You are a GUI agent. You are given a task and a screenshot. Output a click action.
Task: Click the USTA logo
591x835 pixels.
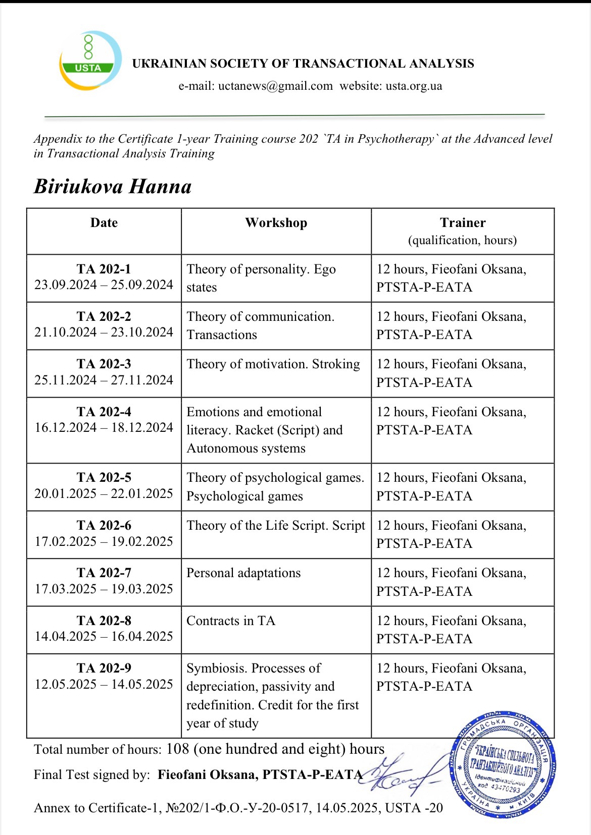pyautogui.click(x=90, y=60)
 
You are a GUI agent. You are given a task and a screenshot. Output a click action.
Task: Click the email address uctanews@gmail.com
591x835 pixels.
pyautogui.click(x=256, y=86)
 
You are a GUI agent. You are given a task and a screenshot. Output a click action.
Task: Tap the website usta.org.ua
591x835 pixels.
pyautogui.click(x=414, y=86)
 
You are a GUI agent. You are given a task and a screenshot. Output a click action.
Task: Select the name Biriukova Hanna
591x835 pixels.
pyautogui.click(x=113, y=187)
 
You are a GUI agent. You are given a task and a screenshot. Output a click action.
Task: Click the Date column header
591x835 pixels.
pyautogui.click(x=104, y=223)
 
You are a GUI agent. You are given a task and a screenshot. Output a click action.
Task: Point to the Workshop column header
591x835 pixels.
pyautogui.click(x=276, y=223)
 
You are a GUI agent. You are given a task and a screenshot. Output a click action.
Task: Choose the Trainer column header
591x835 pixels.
pyautogui.click(x=463, y=223)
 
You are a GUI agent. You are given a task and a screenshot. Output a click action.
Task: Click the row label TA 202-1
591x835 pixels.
pyautogui.click(x=104, y=269)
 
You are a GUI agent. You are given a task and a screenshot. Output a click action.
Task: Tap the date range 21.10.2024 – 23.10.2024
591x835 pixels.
pyautogui.click(x=104, y=332)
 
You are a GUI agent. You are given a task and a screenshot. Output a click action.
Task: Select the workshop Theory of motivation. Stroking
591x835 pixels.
pyautogui.click(x=273, y=364)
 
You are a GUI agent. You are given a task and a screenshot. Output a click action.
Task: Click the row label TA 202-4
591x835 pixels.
pyautogui.click(x=104, y=412)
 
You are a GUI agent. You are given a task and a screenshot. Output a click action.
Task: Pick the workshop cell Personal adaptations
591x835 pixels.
pyautogui.click(x=243, y=573)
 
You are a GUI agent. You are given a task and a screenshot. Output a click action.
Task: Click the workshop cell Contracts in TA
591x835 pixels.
pyautogui.click(x=231, y=621)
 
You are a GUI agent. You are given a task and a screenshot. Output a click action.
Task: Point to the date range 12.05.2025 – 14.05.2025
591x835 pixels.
pyautogui.click(x=104, y=684)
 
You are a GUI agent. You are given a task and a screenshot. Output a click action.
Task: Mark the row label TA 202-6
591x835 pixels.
pyautogui.click(x=104, y=526)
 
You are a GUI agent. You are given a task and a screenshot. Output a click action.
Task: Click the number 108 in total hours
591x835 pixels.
pyautogui.click(x=178, y=749)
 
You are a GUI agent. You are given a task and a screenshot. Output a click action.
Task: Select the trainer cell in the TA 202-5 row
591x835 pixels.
pyautogui.click(x=451, y=487)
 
